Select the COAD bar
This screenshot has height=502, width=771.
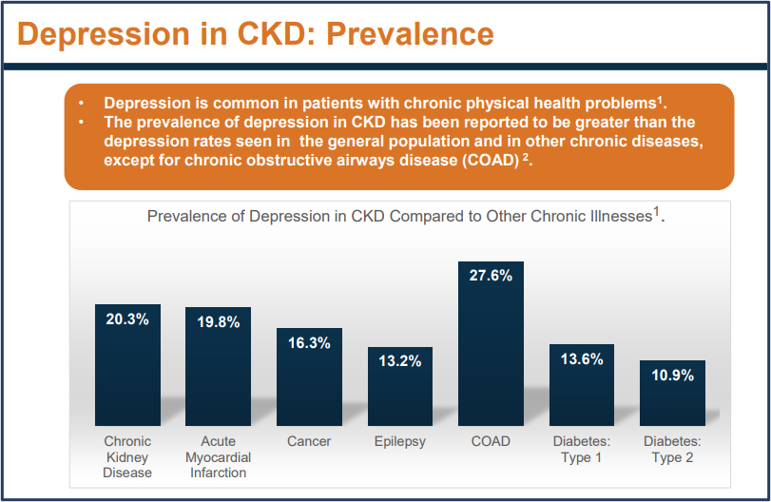(x=491, y=352)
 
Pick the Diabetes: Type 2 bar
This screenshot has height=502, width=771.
(x=672, y=399)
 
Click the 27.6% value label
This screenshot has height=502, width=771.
(x=491, y=276)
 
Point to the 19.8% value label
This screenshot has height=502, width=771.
(x=218, y=321)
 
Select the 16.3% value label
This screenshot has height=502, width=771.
(x=309, y=343)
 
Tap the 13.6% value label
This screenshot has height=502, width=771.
(x=582, y=358)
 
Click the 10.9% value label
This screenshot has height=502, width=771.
(x=672, y=375)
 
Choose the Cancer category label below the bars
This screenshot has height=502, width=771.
(x=309, y=441)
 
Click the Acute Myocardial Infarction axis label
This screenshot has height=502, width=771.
(x=218, y=456)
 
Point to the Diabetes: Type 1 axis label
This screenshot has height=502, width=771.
(x=582, y=449)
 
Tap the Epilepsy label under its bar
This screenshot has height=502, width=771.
(x=400, y=441)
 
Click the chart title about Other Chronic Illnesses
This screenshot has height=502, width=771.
(x=405, y=216)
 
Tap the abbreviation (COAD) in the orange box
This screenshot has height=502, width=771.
(x=483, y=160)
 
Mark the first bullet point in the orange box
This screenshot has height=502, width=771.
(x=83, y=102)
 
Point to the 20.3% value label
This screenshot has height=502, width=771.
(x=127, y=319)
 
